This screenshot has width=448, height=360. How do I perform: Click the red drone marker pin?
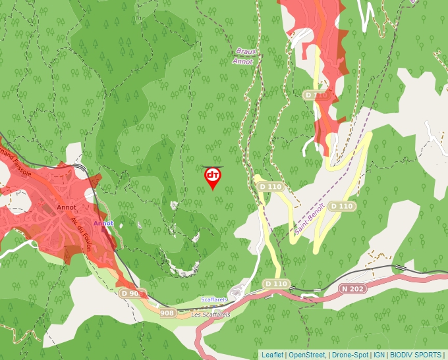(213, 177)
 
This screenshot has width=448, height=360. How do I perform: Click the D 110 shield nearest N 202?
(276, 284)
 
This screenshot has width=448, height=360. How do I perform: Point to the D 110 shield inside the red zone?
(316, 95)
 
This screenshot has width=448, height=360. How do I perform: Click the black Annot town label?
(67, 207)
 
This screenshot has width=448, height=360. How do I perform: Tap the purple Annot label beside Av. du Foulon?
(103, 223)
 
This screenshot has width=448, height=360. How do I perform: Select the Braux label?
(245, 51)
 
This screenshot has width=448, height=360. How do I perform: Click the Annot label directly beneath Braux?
(242, 61)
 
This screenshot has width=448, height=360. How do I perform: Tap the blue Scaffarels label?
(213, 299)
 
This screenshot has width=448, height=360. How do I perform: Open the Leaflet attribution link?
(272, 355)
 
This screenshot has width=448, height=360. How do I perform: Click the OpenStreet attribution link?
(306, 355)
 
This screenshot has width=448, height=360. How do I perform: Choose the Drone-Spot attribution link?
(350, 355)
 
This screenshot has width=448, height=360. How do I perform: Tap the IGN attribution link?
(379, 355)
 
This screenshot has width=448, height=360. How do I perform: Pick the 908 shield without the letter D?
(167, 313)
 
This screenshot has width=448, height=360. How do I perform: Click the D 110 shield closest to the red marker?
(270, 187)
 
